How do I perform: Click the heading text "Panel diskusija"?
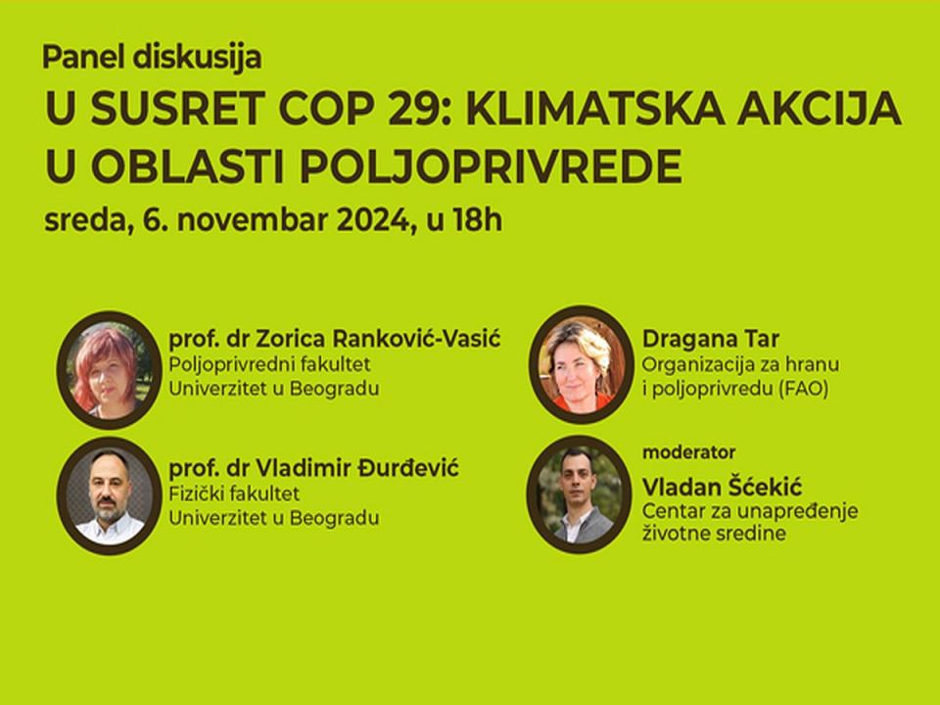point(153,58)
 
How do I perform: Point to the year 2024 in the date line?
point(372,220)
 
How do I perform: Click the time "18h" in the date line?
point(478,220)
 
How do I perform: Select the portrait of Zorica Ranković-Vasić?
point(109,369)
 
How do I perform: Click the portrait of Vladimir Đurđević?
point(109,495)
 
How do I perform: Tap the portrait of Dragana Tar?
point(581,364)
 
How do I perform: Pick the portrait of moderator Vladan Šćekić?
point(579,493)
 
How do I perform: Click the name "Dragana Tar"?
point(711,339)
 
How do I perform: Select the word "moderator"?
point(688,452)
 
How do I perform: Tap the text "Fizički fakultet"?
point(234,493)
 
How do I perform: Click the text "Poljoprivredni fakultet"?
point(269,364)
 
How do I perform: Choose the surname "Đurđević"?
point(408,467)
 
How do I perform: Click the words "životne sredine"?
point(714,534)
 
